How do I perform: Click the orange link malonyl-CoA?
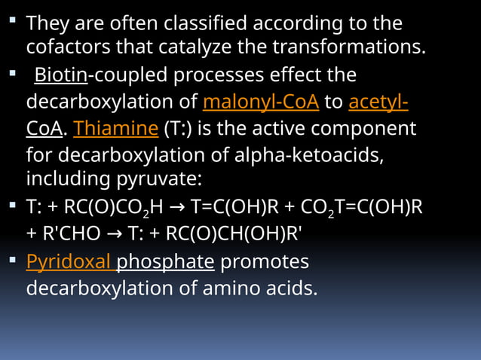pos(261,101)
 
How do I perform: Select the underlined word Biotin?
pos(61,76)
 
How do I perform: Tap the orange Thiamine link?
pos(116,128)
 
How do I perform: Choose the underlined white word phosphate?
pos(166,262)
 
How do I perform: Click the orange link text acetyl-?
pos(378,101)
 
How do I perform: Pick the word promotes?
pos(265,262)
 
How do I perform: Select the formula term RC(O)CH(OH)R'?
pos(228,233)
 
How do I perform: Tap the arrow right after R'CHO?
pos(116,233)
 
